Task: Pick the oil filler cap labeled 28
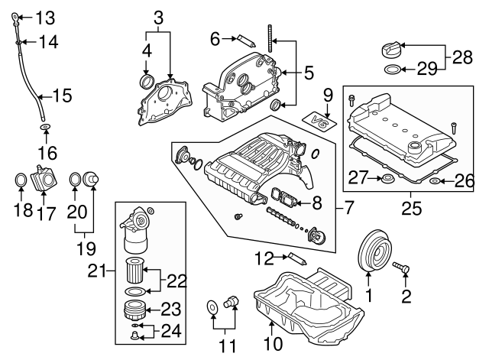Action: click(390, 52)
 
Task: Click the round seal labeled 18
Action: click(23, 180)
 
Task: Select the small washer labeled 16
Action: click(45, 126)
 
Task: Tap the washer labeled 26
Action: click(434, 182)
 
